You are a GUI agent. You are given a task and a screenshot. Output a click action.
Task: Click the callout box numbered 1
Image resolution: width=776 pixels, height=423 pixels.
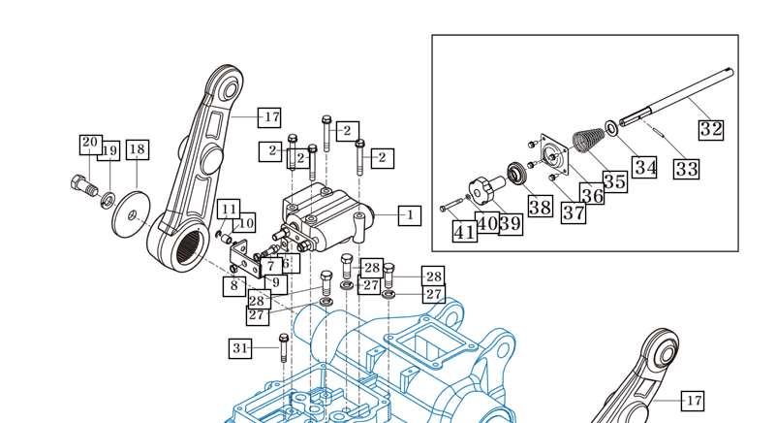[x=410, y=215]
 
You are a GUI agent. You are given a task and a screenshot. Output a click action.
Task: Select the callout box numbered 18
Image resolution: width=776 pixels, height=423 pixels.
[x=138, y=149]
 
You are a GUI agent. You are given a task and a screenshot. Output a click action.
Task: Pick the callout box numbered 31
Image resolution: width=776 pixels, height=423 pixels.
[x=240, y=348]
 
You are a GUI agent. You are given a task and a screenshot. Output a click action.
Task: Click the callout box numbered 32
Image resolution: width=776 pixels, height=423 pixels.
[x=711, y=130]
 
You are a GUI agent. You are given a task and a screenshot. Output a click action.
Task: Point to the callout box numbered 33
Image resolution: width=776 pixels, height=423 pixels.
[x=687, y=169]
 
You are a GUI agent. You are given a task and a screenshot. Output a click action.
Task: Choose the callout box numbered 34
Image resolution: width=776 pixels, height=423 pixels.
[x=645, y=167]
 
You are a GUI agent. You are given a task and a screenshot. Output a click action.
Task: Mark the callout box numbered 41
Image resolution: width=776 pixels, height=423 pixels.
[x=465, y=232]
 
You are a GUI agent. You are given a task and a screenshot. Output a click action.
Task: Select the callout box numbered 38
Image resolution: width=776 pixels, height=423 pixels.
[x=541, y=207]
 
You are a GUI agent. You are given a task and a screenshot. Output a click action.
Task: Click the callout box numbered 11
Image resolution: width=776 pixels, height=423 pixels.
[x=230, y=210]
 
